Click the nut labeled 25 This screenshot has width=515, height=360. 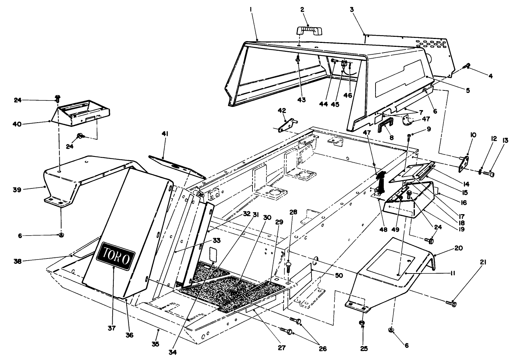coord(362,324)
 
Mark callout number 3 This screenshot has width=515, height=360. coord(352,10)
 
